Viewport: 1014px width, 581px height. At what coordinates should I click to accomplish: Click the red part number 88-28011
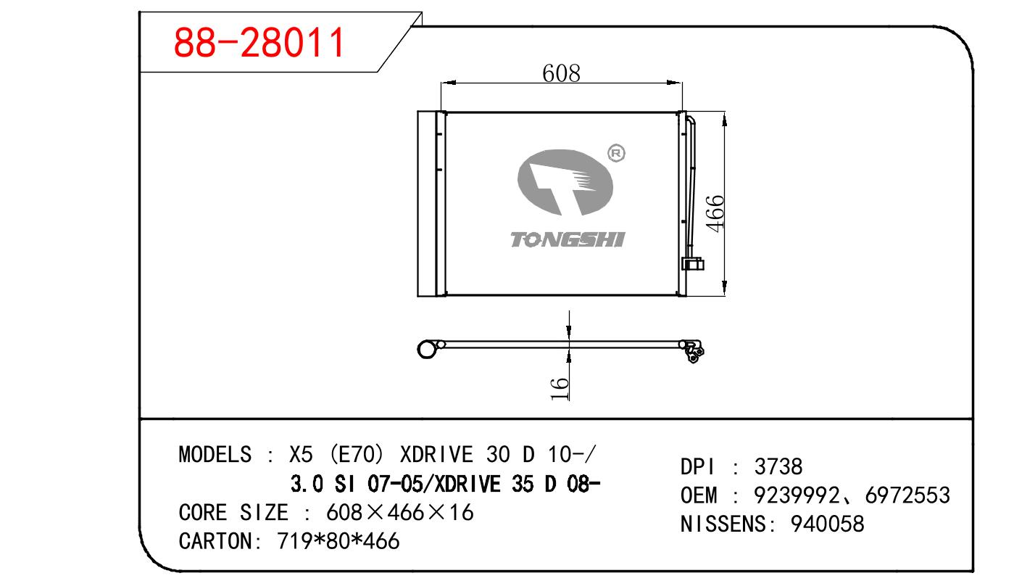259,43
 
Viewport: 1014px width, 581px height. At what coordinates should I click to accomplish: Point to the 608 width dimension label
561,73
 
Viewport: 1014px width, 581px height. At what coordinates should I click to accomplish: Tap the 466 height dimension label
715,214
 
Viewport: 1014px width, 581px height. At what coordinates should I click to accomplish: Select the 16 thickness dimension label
560,389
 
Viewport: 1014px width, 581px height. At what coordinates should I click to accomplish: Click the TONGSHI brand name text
568,239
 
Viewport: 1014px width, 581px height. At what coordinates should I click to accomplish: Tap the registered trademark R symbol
616,153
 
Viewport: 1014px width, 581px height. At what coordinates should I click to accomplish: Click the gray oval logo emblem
565,183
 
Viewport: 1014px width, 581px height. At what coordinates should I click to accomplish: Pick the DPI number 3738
778,466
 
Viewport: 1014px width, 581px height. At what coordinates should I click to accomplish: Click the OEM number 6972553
907,495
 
